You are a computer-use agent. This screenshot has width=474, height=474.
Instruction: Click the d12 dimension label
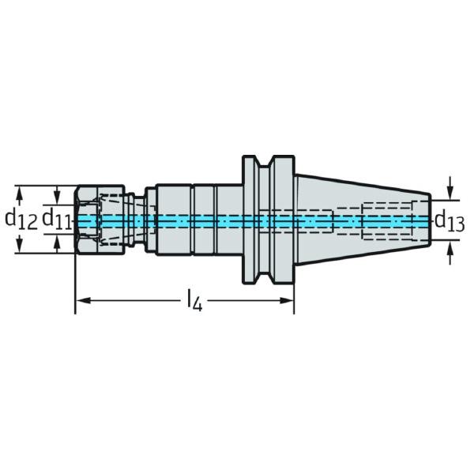[x=21, y=219]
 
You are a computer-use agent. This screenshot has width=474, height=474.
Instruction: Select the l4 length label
[x=194, y=301]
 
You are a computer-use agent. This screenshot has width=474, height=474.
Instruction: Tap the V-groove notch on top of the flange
[x=268, y=162]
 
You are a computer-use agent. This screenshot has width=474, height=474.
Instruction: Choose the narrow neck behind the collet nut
[x=148, y=219]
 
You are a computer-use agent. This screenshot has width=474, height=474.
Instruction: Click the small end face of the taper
[x=430, y=219]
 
